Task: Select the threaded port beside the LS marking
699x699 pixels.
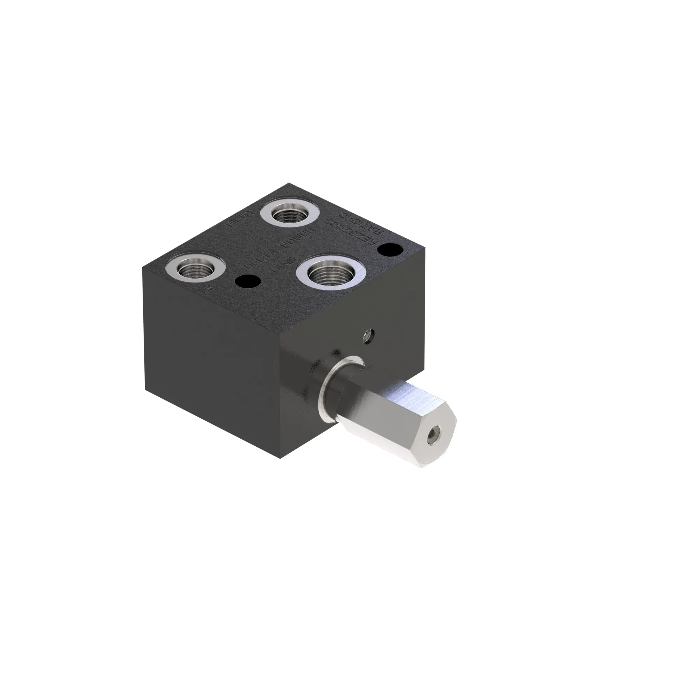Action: pos(195,268)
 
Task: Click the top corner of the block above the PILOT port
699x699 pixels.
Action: pos(289,183)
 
